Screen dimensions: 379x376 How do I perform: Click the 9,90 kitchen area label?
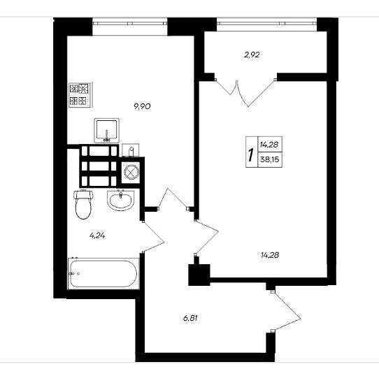[x=143, y=106]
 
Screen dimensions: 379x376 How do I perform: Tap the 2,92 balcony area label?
[x=252, y=55]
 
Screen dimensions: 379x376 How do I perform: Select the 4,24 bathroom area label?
[x=97, y=236]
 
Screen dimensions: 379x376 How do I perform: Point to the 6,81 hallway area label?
[x=190, y=318]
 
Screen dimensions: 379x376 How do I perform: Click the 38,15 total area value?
[x=270, y=159]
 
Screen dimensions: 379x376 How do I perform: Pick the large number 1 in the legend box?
[x=251, y=154]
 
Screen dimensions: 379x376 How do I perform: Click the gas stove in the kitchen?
[x=80, y=95]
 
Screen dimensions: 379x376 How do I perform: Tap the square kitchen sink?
[x=106, y=130]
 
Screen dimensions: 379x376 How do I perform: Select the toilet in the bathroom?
[x=83, y=205]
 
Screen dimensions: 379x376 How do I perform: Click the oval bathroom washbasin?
[x=120, y=200]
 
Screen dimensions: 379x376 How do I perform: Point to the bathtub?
[x=103, y=273]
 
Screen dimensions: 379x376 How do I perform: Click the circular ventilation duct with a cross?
[x=131, y=172]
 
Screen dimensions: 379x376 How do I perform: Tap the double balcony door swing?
[x=245, y=92]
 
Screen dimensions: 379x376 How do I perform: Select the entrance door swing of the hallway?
[x=287, y=311]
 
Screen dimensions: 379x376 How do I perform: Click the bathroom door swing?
[x=153, y=237]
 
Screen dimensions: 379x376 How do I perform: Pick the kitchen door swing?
[x=173, y=198]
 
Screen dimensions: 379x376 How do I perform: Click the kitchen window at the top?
[x=130, y=24]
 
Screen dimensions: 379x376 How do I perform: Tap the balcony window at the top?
[x=266, y=24]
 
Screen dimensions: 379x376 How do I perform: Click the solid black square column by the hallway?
[x=199, y=275]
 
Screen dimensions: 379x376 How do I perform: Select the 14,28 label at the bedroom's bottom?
[x=270, y=255]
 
